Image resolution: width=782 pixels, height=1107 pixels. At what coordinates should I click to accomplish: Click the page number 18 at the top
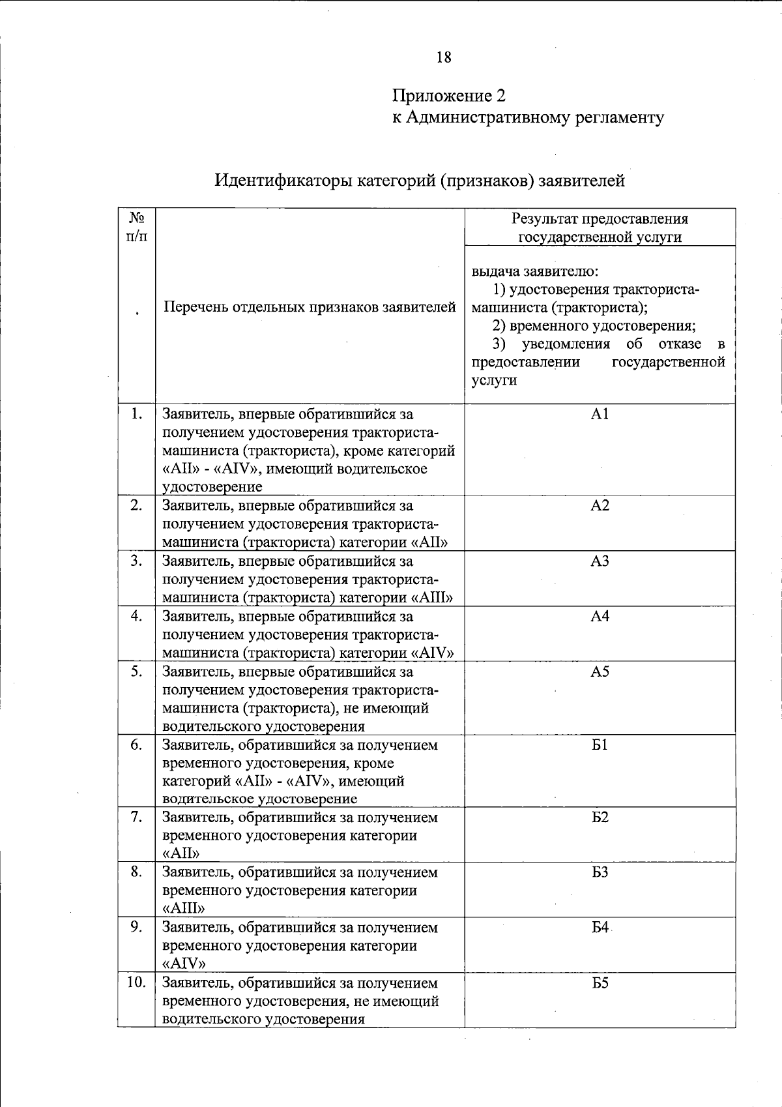pos(444,57)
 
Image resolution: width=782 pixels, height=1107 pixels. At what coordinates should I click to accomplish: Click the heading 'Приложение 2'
pos(448,96)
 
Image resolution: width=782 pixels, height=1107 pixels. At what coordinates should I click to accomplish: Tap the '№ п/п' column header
pos(136,226)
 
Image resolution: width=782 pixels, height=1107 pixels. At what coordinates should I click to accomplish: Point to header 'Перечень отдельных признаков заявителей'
pos(310,306)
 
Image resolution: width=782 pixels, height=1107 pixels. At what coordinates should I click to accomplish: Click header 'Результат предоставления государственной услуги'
pos(600,228)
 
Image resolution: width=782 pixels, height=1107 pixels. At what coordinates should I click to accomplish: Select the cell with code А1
pos(600,414)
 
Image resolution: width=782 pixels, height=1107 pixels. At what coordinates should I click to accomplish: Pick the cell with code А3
pos(600,561)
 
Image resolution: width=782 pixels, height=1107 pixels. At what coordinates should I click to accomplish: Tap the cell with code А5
pos(600,672)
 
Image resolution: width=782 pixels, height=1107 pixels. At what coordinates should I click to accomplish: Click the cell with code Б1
pos(600,745)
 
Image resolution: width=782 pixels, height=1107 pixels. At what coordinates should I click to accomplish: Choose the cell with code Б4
pos(600,927)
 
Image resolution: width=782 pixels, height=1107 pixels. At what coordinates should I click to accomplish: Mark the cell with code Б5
pos(600,982)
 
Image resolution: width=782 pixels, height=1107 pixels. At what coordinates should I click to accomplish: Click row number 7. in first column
pos(136,817)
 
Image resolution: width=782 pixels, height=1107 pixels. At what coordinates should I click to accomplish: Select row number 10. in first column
pos(136,982)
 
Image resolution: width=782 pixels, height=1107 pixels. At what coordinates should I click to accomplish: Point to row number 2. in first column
pos(136,505)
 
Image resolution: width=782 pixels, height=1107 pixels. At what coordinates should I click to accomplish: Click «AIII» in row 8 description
pos(184,908)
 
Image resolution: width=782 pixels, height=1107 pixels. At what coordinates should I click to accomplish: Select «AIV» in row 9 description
pos(184,964)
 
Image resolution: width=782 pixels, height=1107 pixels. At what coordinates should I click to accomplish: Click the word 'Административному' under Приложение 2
pos(487,117)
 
